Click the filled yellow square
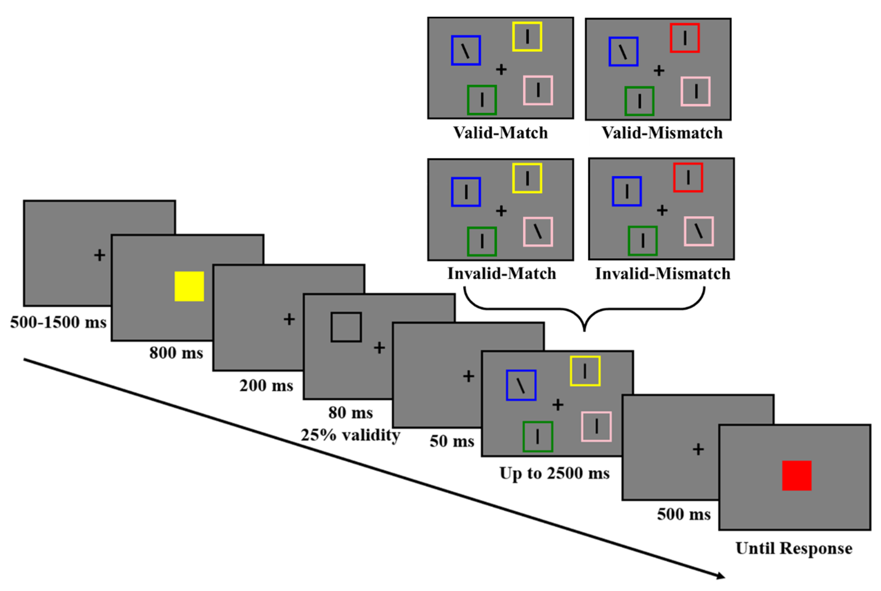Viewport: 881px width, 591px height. tap(189, 286)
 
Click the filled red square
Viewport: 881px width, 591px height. tap(796, 475)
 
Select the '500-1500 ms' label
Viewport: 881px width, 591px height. tap(58, 322)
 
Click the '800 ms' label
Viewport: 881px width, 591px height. tap(176, 353)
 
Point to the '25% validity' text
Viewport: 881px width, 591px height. tap(350, 435)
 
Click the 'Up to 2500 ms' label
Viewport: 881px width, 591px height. tap(554, 473)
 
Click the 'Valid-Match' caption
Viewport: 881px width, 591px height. tap(500, 133)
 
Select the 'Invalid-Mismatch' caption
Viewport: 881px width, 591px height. tap(662, 274)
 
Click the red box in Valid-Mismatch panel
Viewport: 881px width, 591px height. tap(684, 38)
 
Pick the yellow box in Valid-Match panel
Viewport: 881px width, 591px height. tap(527, 36)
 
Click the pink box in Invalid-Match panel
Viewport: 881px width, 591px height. tap(538, 232)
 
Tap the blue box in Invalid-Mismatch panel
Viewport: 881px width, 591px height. tap(626, 191)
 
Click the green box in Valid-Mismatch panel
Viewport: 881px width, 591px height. tap(639, 101)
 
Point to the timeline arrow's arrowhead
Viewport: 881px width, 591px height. tap(721, 576)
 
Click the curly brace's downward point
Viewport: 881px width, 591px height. tap(584, 330)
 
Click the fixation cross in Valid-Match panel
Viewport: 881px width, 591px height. tap(501, 69)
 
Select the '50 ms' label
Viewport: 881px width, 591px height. tap(452, 441)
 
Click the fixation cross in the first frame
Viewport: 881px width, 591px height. tap(99, 255)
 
